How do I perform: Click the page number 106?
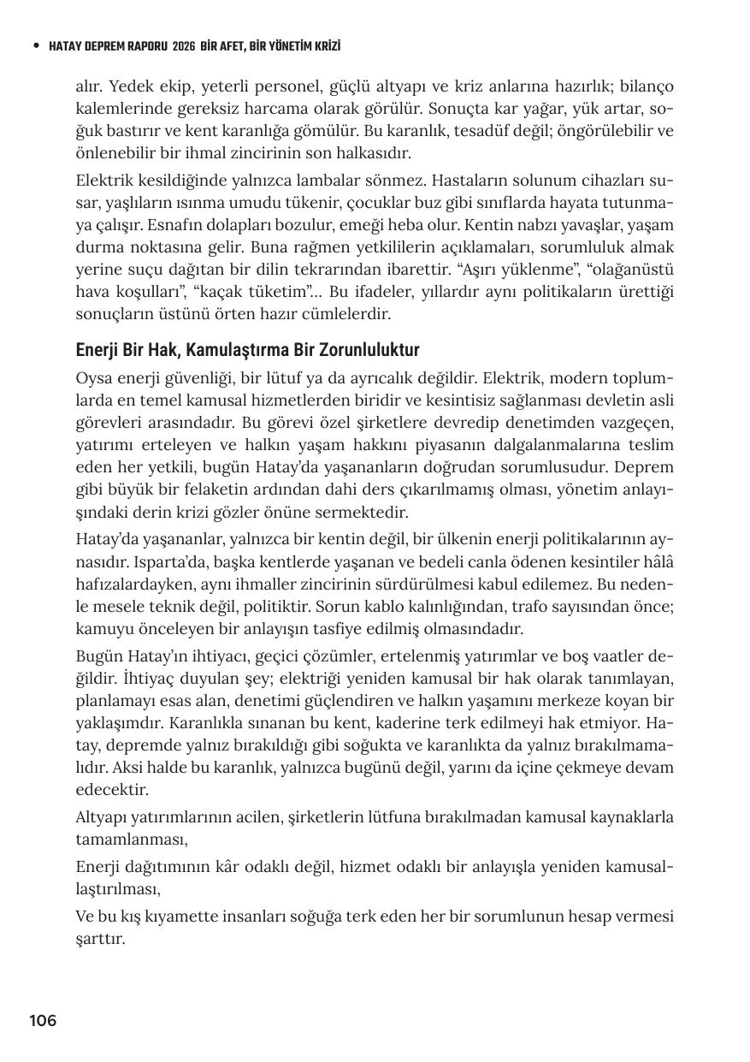point(43,1021)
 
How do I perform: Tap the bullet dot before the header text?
point(35,46)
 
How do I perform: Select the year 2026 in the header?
point(183,46)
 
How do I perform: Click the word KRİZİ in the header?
point(334,46)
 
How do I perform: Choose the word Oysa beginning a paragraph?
point(93,378)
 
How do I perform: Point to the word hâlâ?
point(658,562)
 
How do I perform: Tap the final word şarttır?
point(100,939)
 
